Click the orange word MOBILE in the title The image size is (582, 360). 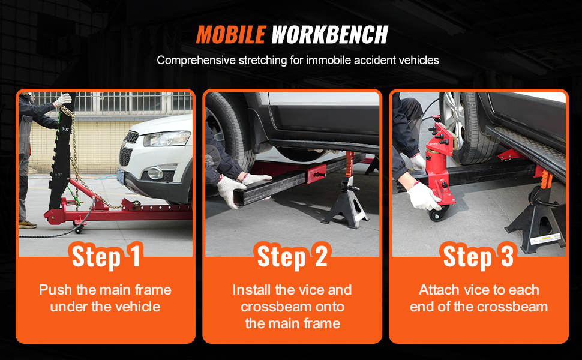[231, 35]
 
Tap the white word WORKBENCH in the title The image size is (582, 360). [329, 35]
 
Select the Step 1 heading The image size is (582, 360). [106, 256]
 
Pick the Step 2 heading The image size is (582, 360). [292, 256]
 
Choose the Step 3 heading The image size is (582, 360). [478, 256]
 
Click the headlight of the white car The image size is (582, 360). [167, 139]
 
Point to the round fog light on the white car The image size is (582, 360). [155, 173]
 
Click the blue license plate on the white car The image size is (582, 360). [121, 176]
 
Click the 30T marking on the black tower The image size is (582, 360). [65, 129]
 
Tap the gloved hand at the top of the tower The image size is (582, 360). [63, 100]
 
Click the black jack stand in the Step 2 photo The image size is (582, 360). [346, 202]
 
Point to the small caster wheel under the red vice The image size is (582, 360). [437, 215]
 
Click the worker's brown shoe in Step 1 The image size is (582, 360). [28, 224]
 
